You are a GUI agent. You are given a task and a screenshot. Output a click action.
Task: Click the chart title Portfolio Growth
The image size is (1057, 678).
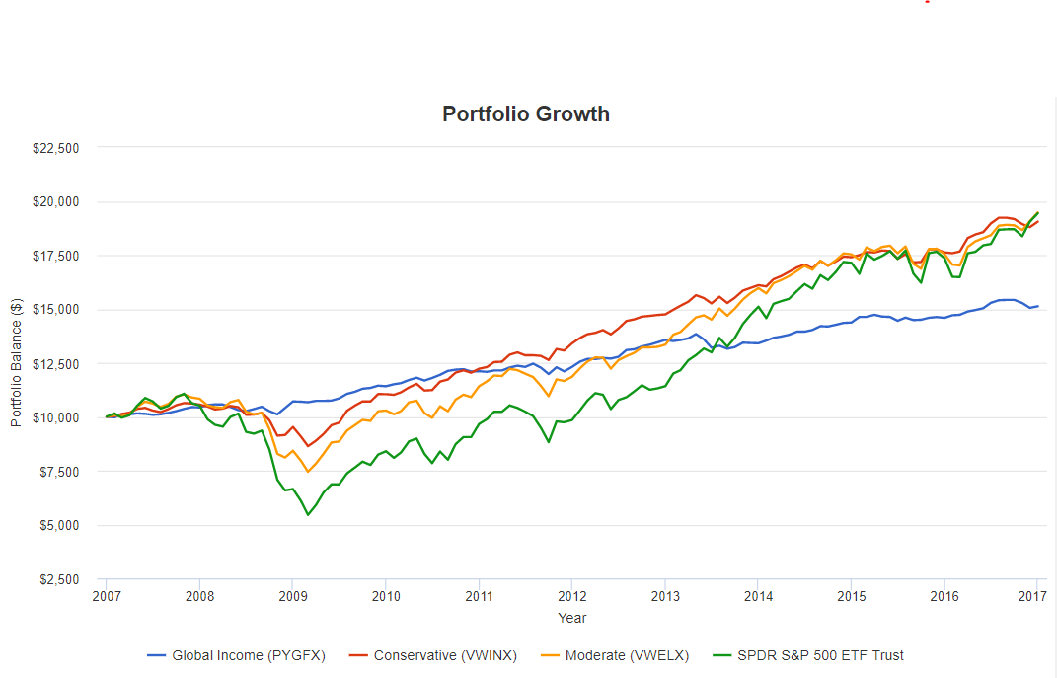[525, 113]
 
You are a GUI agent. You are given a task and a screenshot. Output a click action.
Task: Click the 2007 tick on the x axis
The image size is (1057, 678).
[106, 596]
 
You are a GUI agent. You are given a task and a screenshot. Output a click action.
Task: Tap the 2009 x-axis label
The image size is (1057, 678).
[292, 596]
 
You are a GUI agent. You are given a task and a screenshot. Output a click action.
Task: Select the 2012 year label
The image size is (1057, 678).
[572, 596]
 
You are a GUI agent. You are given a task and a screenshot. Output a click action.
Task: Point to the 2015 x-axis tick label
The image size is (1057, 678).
[852, 596]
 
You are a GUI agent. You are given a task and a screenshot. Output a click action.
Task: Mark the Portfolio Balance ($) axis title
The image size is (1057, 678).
[16, 363]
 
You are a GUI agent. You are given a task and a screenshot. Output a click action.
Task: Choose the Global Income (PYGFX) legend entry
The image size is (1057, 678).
[236, 655]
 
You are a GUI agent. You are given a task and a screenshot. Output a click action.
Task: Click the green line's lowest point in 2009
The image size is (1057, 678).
[308, 515]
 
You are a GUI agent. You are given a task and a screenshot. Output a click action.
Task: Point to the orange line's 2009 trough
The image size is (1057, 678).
[308, 472]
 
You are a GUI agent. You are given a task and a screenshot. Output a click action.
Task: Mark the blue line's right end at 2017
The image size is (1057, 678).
[1038, 306]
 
